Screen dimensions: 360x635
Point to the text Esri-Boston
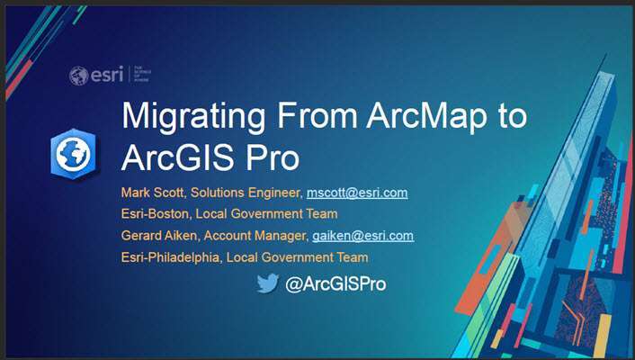(x=155, y=214)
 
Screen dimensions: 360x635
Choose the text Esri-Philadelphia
(x=172, y=257)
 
